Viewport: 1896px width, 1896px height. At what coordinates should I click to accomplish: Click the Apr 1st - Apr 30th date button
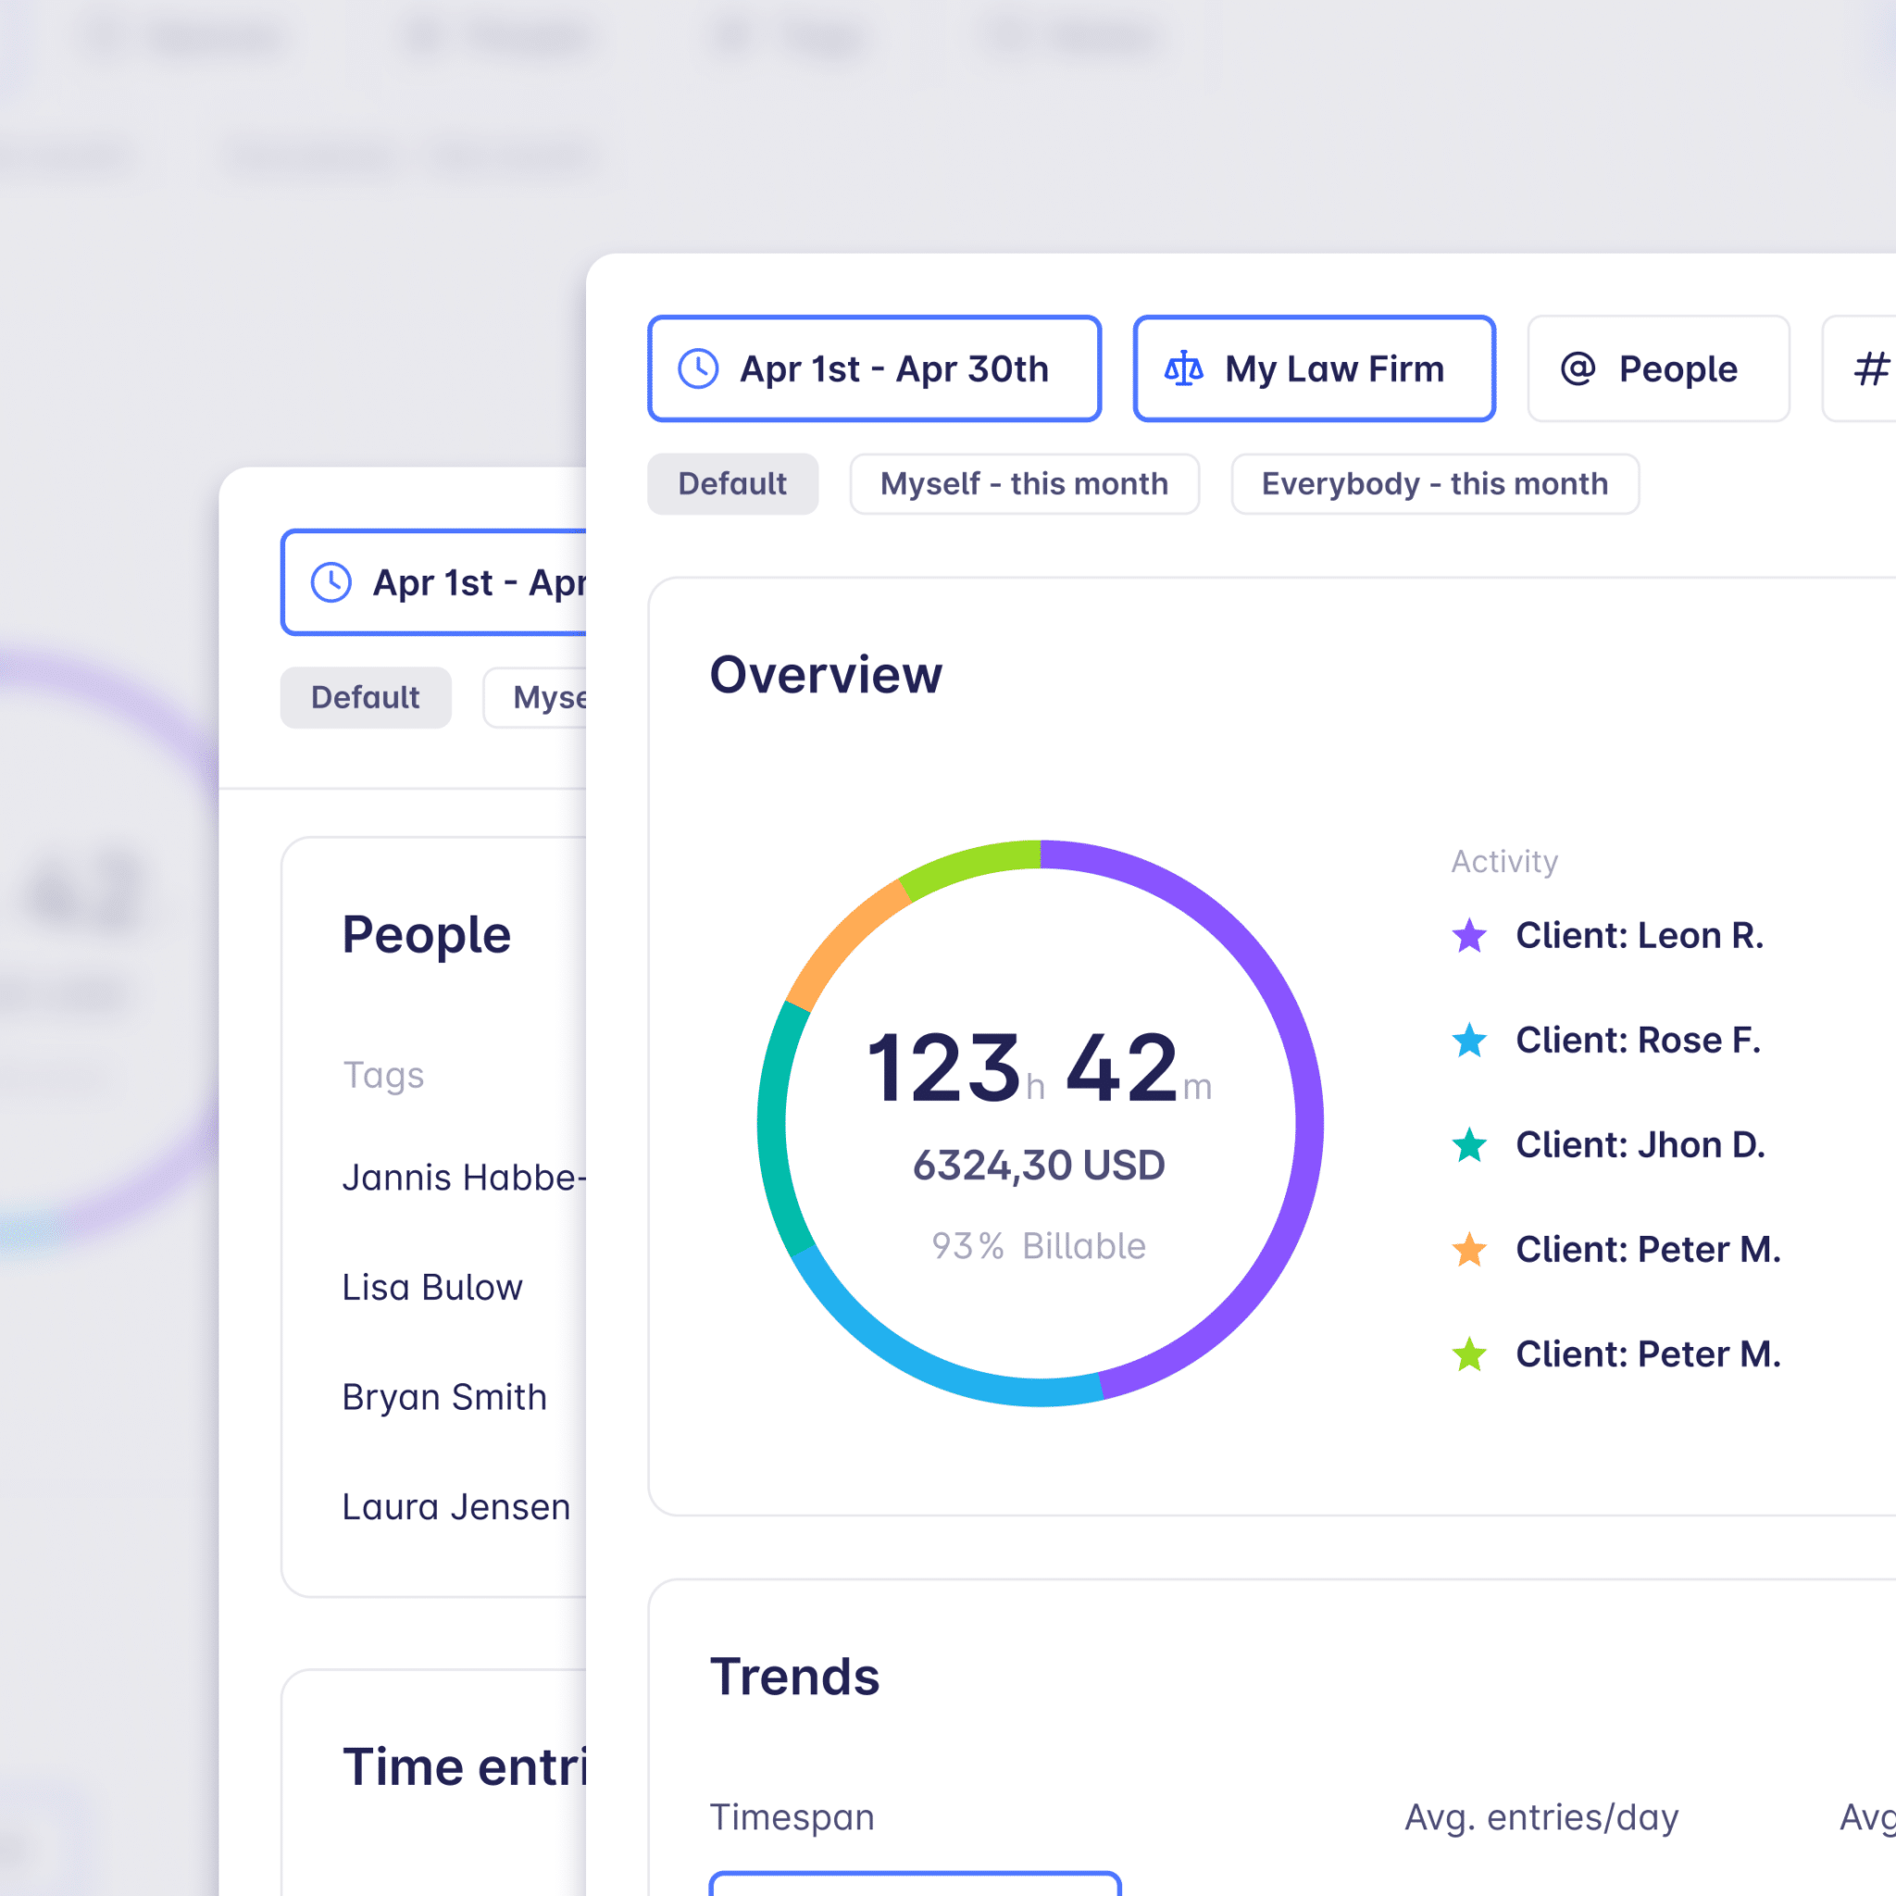tap(873, 369)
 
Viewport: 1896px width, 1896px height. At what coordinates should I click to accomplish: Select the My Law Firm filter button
tap(1313, 369)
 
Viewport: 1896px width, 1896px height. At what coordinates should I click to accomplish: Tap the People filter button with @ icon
tap(1657, 369)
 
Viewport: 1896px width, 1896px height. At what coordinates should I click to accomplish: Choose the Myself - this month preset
tap(1024, 484)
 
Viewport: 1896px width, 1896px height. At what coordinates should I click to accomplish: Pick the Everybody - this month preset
tap(1434, 484)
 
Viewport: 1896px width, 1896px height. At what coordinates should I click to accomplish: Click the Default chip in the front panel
tap(732, 484)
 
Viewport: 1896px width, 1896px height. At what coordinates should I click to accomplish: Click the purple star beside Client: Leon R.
tap(1469, 935)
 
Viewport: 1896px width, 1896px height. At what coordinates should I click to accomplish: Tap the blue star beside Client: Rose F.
tap(1469, 1041)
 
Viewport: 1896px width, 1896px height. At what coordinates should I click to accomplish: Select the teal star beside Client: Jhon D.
tap(1469, 1144)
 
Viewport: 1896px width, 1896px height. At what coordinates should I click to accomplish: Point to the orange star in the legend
tap(1469, 1249)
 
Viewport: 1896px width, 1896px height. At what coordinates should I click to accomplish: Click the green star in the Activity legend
tap(1469, 1354)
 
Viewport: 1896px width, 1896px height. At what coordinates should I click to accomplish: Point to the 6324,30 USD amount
tap(1039, 1166)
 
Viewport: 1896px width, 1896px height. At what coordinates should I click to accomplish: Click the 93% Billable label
tap(1039, 1246)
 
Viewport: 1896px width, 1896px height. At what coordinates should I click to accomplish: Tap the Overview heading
tap(825, 675)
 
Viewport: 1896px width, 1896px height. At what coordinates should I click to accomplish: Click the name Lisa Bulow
tap(431, 1288)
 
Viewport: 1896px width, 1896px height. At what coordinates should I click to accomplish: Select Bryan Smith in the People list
tap(443, 1397)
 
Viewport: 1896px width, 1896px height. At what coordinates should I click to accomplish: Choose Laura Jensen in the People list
tap(455, 1507)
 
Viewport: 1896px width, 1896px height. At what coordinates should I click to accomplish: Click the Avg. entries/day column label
tap(1540, 1817)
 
